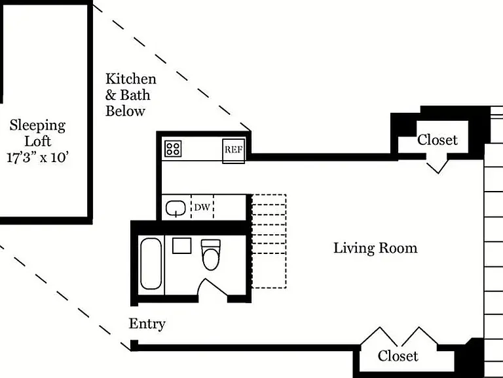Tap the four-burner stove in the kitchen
pyautogui.click(x=173, y=149)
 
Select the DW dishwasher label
pyautogui.click(x=202, y=207)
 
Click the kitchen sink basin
pyautogui.click(x=176, y=208)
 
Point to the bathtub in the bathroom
pyautogui.click(x=151, y=264)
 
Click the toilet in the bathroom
pyautogui.click(x=211, y=255)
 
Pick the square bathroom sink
pyautogui.click(x=182, y=245)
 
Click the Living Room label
pyautogui.click(x=375, y=249)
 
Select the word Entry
pyautogui.click(x=147, y=324)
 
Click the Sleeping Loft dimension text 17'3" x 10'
pyautogui.click(x=38, y=157)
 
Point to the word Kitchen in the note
pyautogui.click(x=131, y=79)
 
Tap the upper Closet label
pyautogui.click(x=438, y=140)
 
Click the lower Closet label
pyautogui.click(x=398, y=356)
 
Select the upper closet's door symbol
pyautogui.click(x=437, y=165)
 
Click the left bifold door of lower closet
pyautogui.click(x=379, y=337)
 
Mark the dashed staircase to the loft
pyautogui.click(x=269, y=241)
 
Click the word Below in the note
pyautogui.click(x=126, y=111)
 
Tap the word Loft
pyautogui.click(x=38, y=142)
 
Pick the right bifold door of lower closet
pyautogui.click(x=419, y=337)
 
